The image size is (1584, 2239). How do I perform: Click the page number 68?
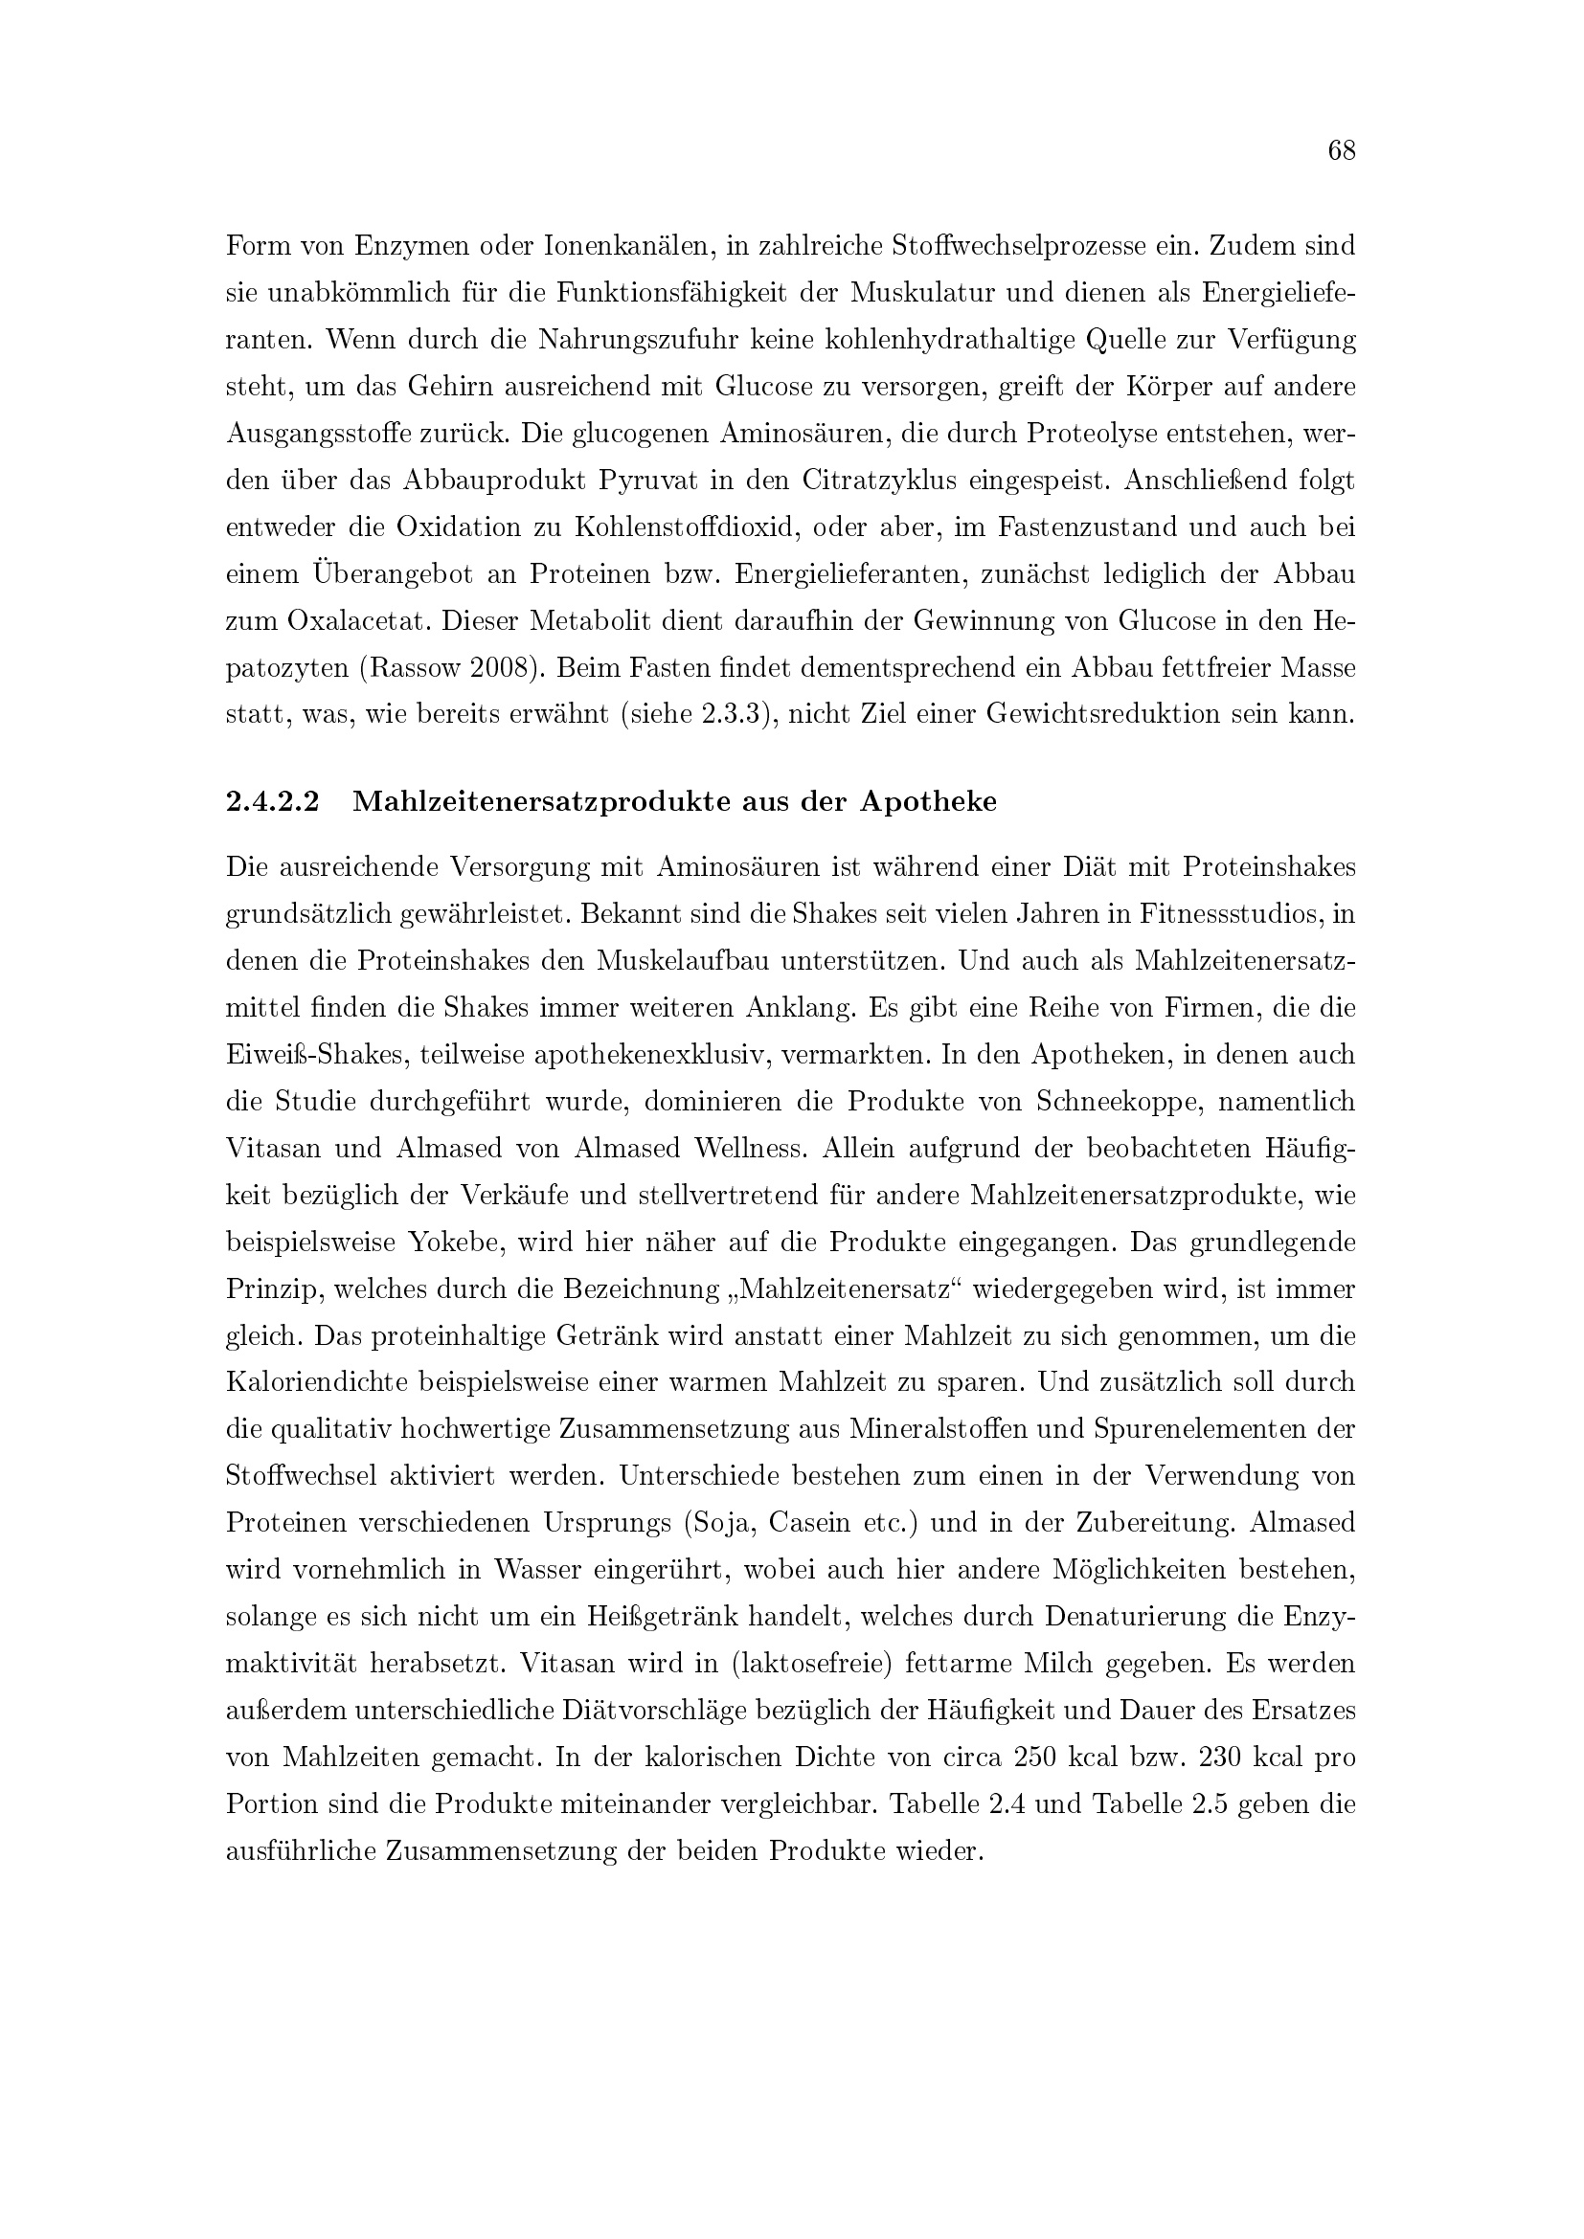coord(1341,150)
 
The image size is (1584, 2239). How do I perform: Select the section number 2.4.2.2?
coord(272,801)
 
